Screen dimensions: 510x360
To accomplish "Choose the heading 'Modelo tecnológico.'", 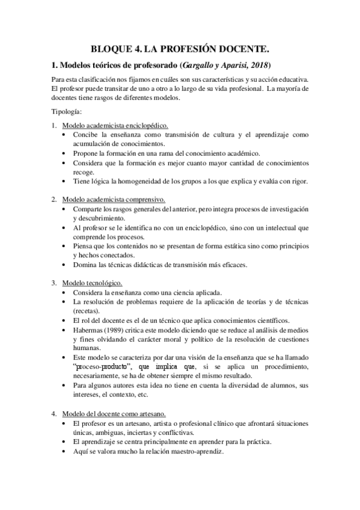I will click(93, 283).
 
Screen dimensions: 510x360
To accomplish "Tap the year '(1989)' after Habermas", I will click(119, 330).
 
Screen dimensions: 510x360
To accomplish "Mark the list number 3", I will click(53, 283).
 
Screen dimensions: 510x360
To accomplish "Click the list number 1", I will click(53, 126).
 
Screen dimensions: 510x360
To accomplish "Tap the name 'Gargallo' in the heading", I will click(205, 64).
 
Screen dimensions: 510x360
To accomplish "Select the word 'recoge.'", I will click(85, 171).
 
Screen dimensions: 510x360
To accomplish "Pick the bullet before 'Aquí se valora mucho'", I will click(64, 451).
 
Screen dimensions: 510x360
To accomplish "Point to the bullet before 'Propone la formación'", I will click(64, 153).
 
